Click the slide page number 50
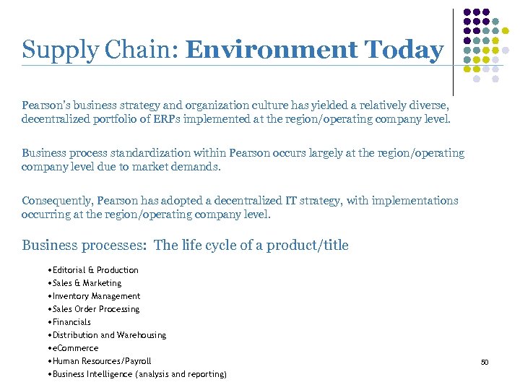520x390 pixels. tap(485, 362)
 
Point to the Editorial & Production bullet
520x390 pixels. tap(93, 270)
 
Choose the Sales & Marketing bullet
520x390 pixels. tap(84, 283)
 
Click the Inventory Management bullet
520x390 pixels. tap(94, 296)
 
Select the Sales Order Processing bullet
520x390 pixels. tap(94, 309)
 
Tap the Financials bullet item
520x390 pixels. tap(69, 322)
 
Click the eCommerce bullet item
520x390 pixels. tap(73, 348)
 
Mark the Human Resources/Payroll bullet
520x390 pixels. tap(100, 361)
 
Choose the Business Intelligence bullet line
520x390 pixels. tap(137, 374)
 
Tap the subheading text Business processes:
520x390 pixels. tap(85, 246)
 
